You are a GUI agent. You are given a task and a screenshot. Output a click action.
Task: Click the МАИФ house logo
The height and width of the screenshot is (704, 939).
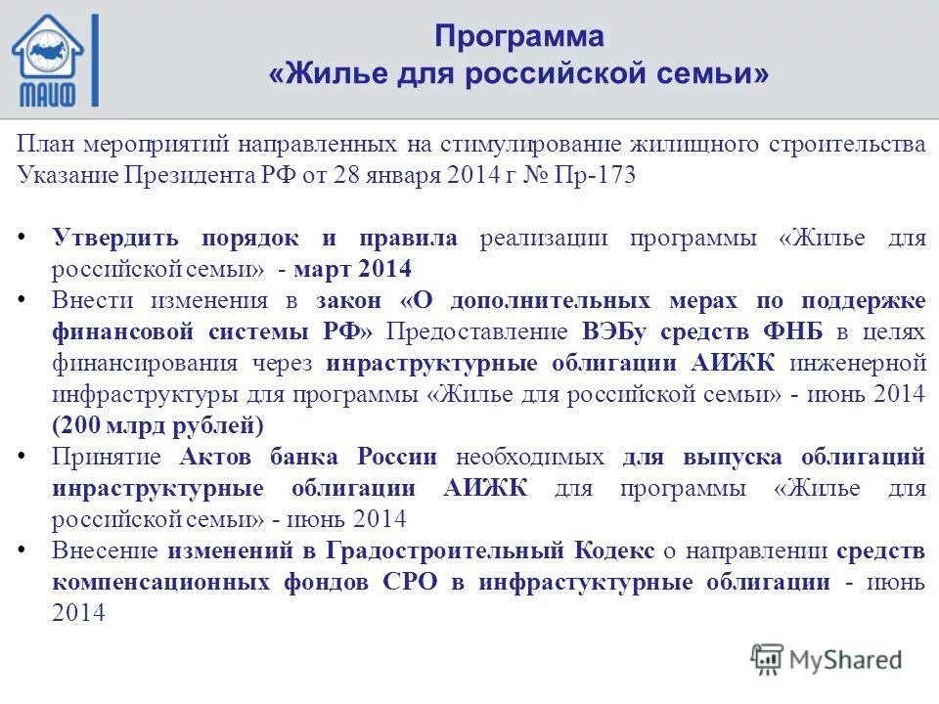click(x=54, y=59)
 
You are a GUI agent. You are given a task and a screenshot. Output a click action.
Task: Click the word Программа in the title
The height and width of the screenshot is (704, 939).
click(x=519, y=37)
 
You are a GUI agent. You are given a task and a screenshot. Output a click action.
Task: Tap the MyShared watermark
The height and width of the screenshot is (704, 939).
click(x=826, y=658)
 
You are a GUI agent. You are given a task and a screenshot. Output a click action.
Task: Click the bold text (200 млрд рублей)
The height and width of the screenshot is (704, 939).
click(x=157, y=424)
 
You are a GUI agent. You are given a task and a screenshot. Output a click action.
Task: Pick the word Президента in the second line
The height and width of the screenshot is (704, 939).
click(x=190, y=175)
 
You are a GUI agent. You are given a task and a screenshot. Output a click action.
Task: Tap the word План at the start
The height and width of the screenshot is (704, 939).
click(x=44, y=145)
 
